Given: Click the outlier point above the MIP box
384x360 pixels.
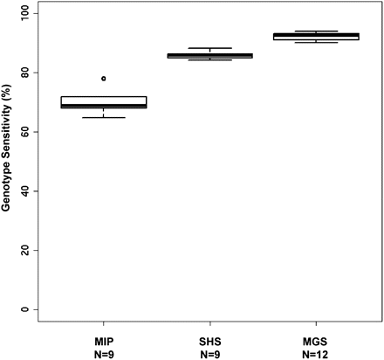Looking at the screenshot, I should pos(104,79).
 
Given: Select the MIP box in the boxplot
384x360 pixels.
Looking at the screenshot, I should pos(104,102).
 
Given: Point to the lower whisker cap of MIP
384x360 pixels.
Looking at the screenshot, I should pos(104,117).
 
